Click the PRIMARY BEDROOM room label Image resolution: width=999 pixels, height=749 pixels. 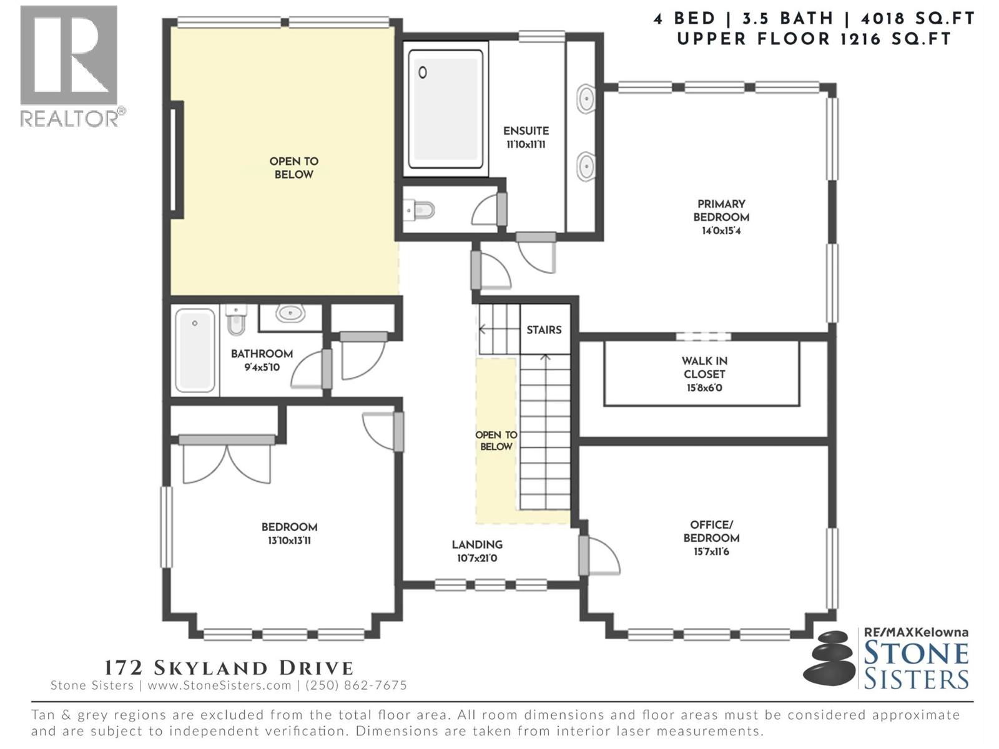(721, 210)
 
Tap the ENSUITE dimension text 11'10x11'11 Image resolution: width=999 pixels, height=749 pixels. (526, 145)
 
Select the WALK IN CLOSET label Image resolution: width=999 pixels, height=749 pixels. (704, 368)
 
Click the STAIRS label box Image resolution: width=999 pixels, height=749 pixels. (544, 330)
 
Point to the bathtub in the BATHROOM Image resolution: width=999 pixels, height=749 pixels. (195, 350)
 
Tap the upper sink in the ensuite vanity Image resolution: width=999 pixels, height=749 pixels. (585, 99)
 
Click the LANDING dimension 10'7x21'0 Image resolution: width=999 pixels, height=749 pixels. (477, 559)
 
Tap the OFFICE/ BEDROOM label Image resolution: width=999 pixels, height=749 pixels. (711, 531)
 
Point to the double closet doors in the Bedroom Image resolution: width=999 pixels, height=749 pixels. (227, 463)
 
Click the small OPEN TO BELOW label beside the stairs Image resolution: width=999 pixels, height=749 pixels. (496, 441)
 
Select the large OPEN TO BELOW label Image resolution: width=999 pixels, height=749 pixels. (293, 168)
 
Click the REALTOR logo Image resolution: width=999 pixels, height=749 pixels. (70, 66)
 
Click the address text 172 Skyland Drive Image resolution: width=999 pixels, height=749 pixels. (229, 668)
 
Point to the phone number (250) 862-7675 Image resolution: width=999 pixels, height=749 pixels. (355, 685)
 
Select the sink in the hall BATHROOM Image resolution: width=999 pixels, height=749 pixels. (290, 313)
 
